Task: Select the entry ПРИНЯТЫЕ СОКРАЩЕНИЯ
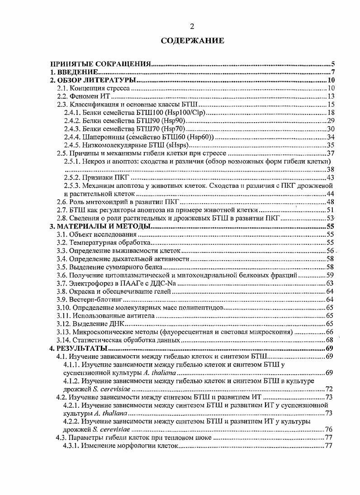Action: click(x=99, y=64)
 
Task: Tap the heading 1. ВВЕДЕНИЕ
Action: click(x=74, y=72)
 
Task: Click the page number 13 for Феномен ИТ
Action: click(x=331, y=96)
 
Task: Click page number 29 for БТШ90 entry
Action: click(x=330, y=121)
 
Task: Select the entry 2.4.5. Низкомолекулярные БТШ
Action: click(x=126, y=145)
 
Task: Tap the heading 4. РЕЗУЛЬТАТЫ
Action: click(x=78, y=348)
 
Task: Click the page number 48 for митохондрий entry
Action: click(x=330, y=202)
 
